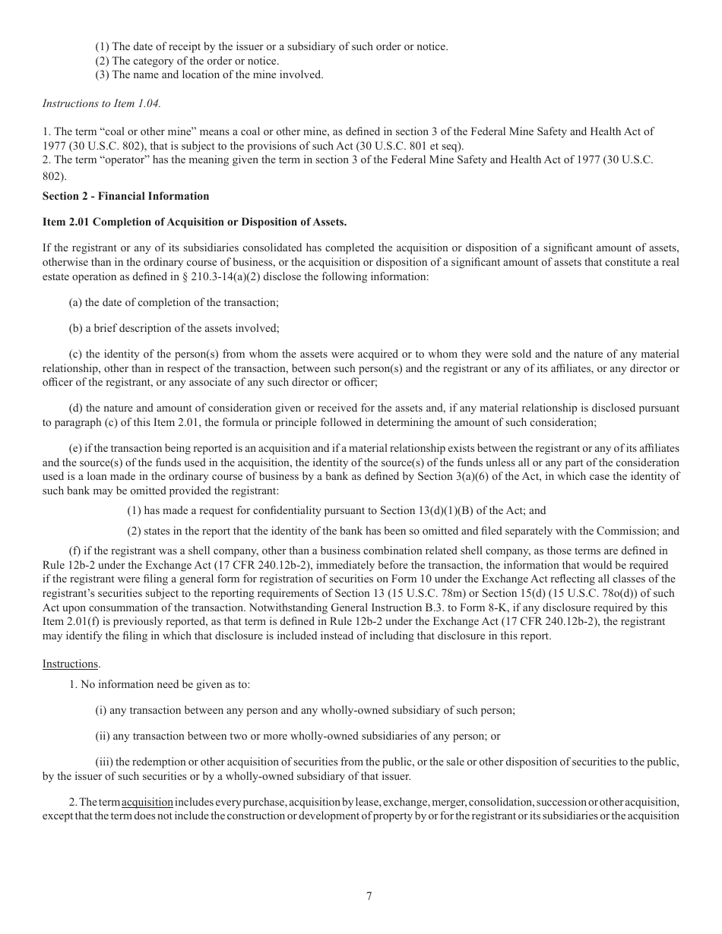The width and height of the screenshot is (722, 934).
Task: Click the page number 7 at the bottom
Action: pyautogui.click(x=369, y=896)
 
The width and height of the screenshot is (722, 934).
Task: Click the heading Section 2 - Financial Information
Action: pyautogui.click(x=125, y=196)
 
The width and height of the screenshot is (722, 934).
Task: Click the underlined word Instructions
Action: pyautogui.click(x=70, y=664)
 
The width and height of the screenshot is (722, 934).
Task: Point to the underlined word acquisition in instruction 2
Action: pyautogui.click(x=147, y=803)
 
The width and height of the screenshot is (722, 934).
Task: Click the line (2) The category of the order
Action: pyautogui.click(x=186, y=61)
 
